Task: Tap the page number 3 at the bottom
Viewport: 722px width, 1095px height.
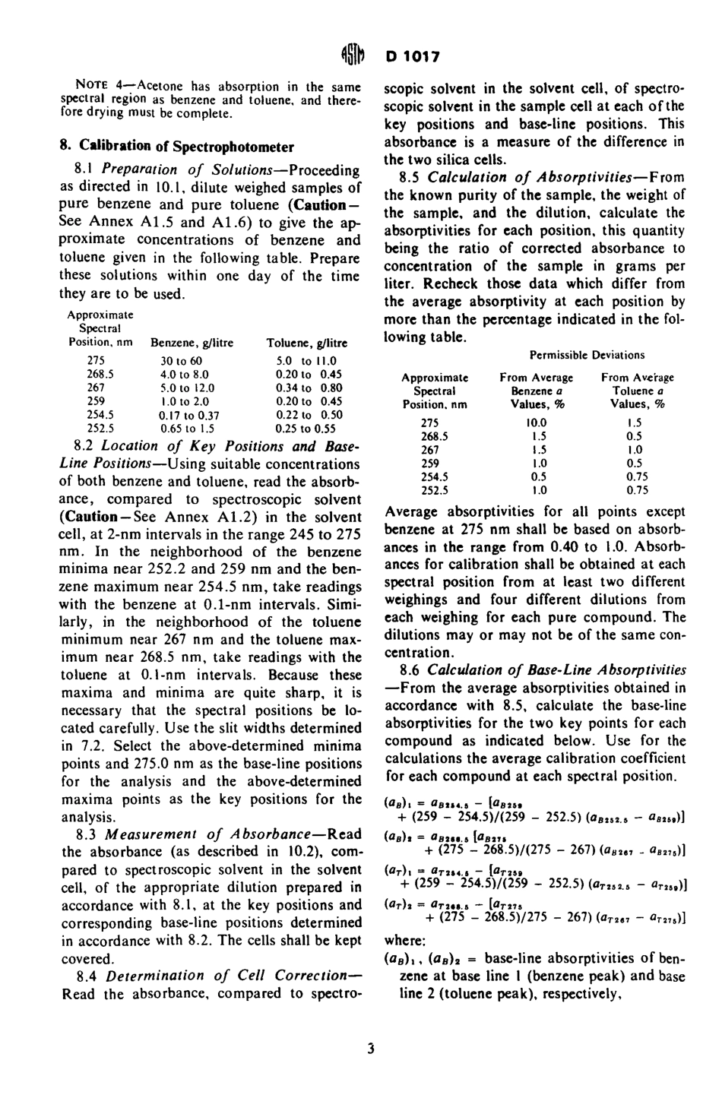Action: (x=370, y=1049)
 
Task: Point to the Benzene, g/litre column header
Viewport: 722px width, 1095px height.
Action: (x=187, y=343)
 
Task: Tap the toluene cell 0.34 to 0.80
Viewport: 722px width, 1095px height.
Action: (x=309, y=388)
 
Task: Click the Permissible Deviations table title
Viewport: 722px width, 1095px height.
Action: (x=587, y=355)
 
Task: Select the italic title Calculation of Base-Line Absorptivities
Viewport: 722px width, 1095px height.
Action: (x=556, y=670)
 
